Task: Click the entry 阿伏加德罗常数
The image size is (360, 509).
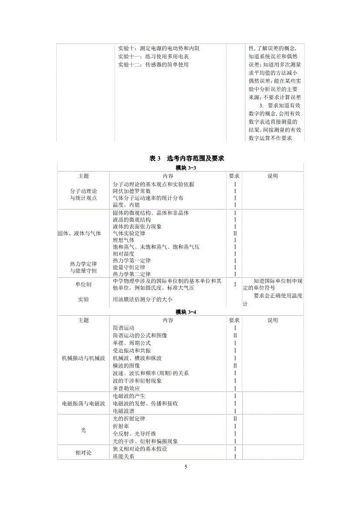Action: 132,191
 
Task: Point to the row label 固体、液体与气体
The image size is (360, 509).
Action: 79,233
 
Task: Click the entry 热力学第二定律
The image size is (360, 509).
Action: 132,274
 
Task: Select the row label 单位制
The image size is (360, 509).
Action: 83,284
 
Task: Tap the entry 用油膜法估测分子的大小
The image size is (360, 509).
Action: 143,299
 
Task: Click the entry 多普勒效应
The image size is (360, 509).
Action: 126,388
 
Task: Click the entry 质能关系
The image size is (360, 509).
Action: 123,456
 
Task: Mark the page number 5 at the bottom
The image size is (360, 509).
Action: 186,467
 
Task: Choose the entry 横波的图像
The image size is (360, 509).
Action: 126,366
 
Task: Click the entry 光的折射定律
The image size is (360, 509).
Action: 129,418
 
